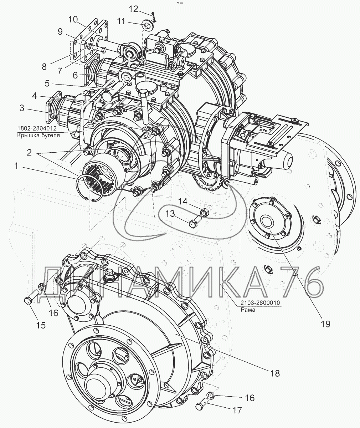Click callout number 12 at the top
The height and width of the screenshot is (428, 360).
[133, 9]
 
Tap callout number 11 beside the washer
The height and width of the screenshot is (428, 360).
[122, 22]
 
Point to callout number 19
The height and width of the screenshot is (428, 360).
[325, 323]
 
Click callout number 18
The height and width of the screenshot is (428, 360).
[274, 373]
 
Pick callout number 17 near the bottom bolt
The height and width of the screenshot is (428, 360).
[237, 410]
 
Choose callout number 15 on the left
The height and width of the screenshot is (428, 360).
[41, 325]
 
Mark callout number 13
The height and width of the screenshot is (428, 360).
[170, 214]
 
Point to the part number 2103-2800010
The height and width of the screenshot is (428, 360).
[259, 303]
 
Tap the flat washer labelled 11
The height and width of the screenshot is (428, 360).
[148, 26]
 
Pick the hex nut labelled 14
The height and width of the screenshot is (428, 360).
[205, 213]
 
